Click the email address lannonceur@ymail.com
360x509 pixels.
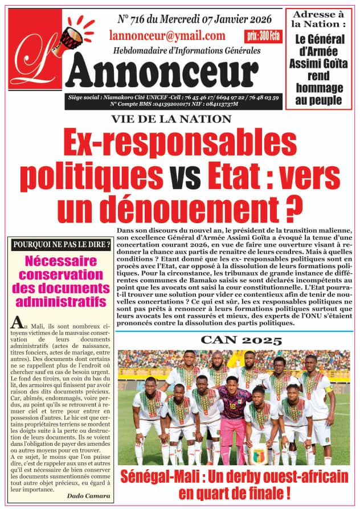[x=167, y=36]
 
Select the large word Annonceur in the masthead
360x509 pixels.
[x=165, y=73]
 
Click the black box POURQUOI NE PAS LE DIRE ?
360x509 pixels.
[x=61, y=245]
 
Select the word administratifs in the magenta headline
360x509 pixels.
[x=61, y=300]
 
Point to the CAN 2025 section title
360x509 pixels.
[x=241, y=341]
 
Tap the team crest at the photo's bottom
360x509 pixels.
[x=259, y=456]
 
